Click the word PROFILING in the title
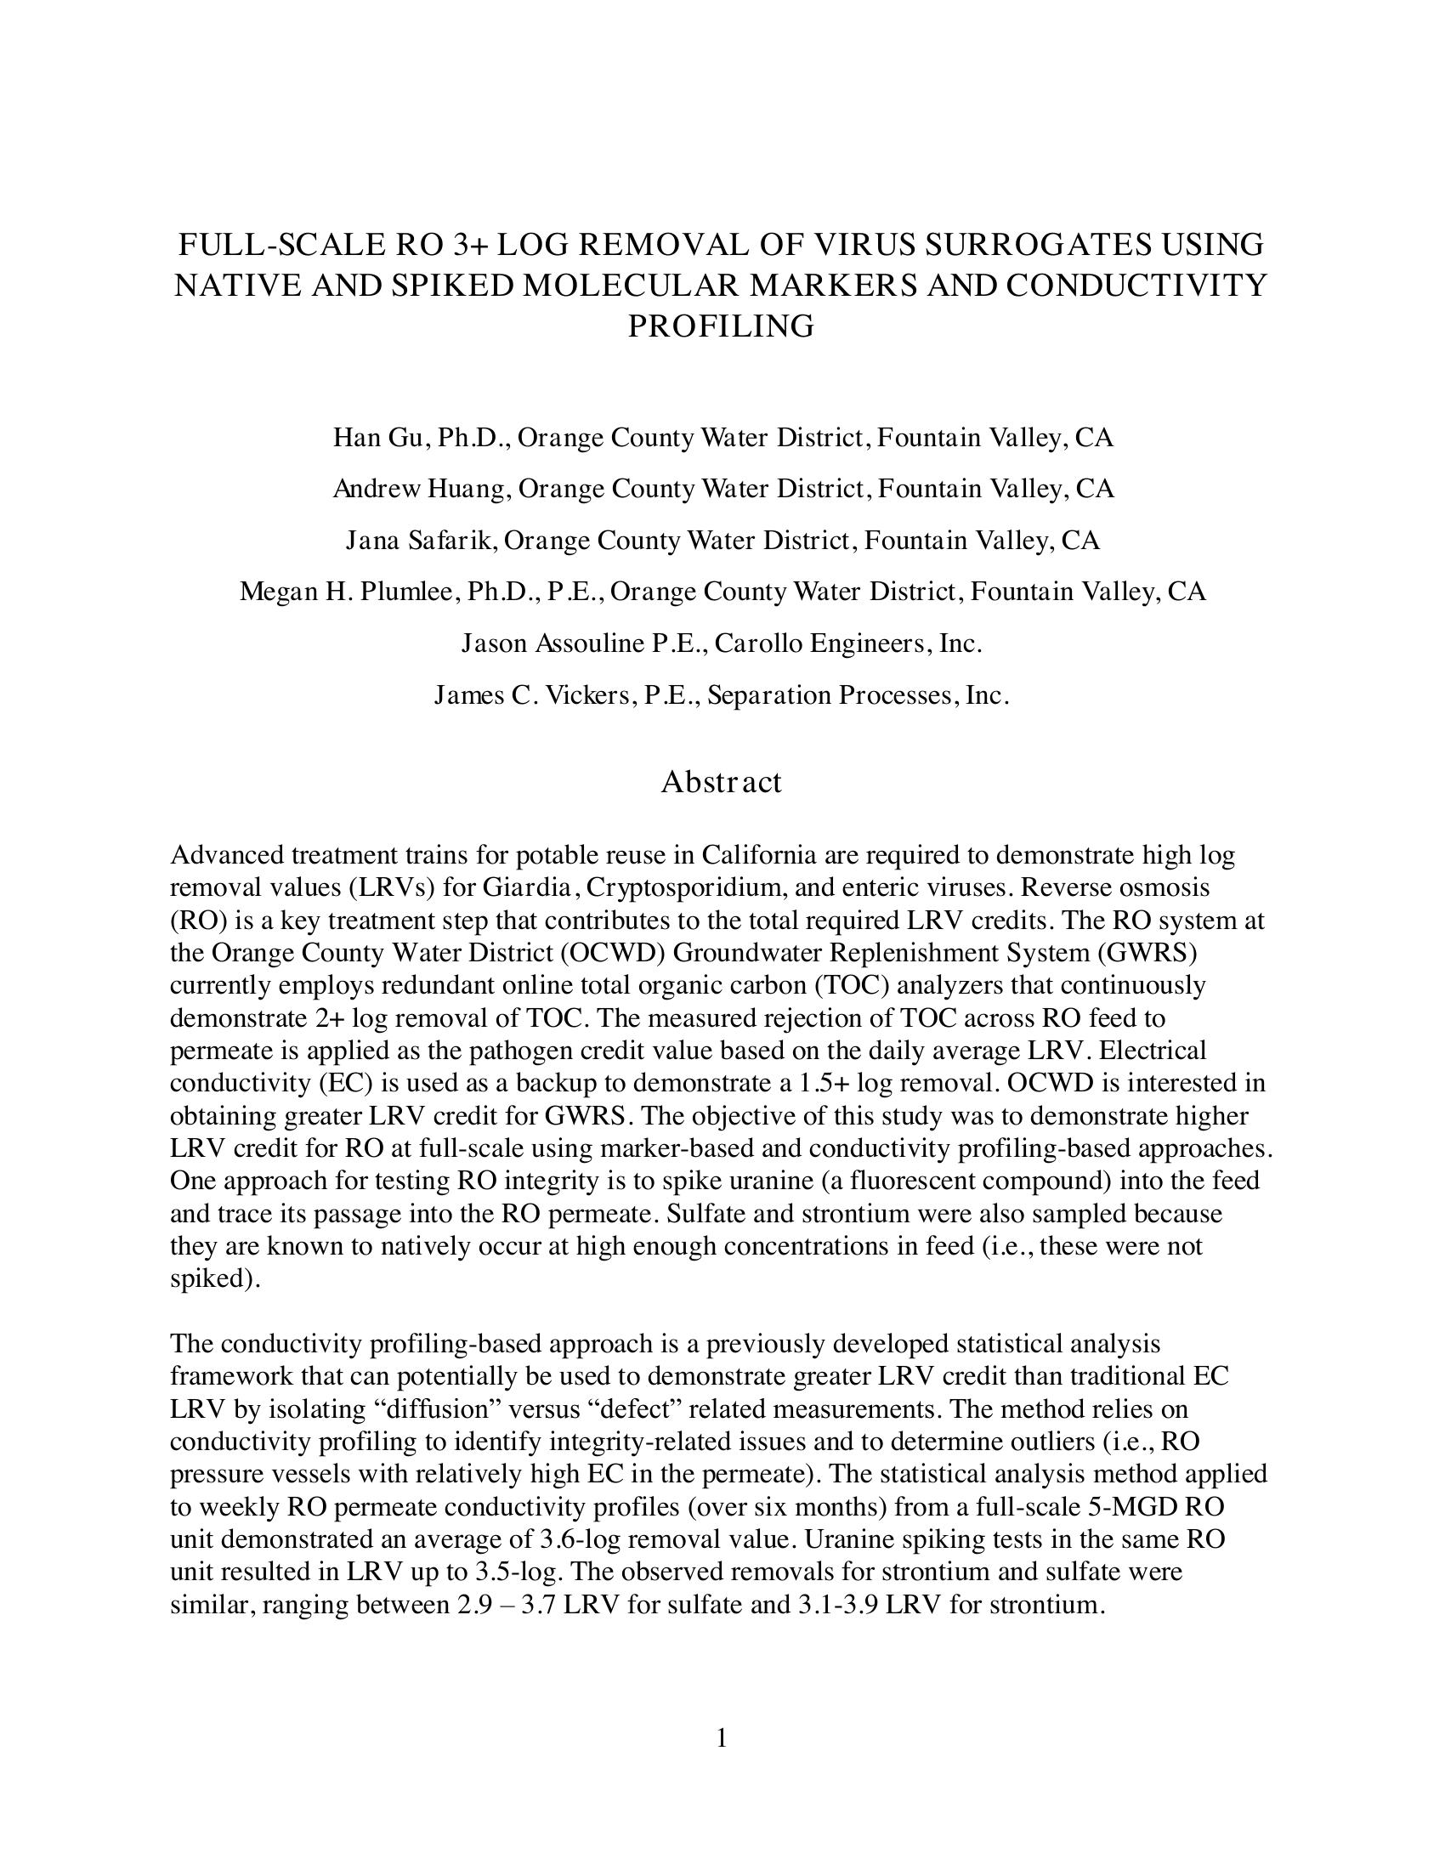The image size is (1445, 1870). [721, 326]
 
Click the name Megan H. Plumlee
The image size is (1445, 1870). [354, 592]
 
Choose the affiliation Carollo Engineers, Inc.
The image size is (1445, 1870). [847, 643]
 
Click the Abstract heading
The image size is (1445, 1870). [721, 782]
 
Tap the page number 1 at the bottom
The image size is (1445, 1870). [722, 1737]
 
